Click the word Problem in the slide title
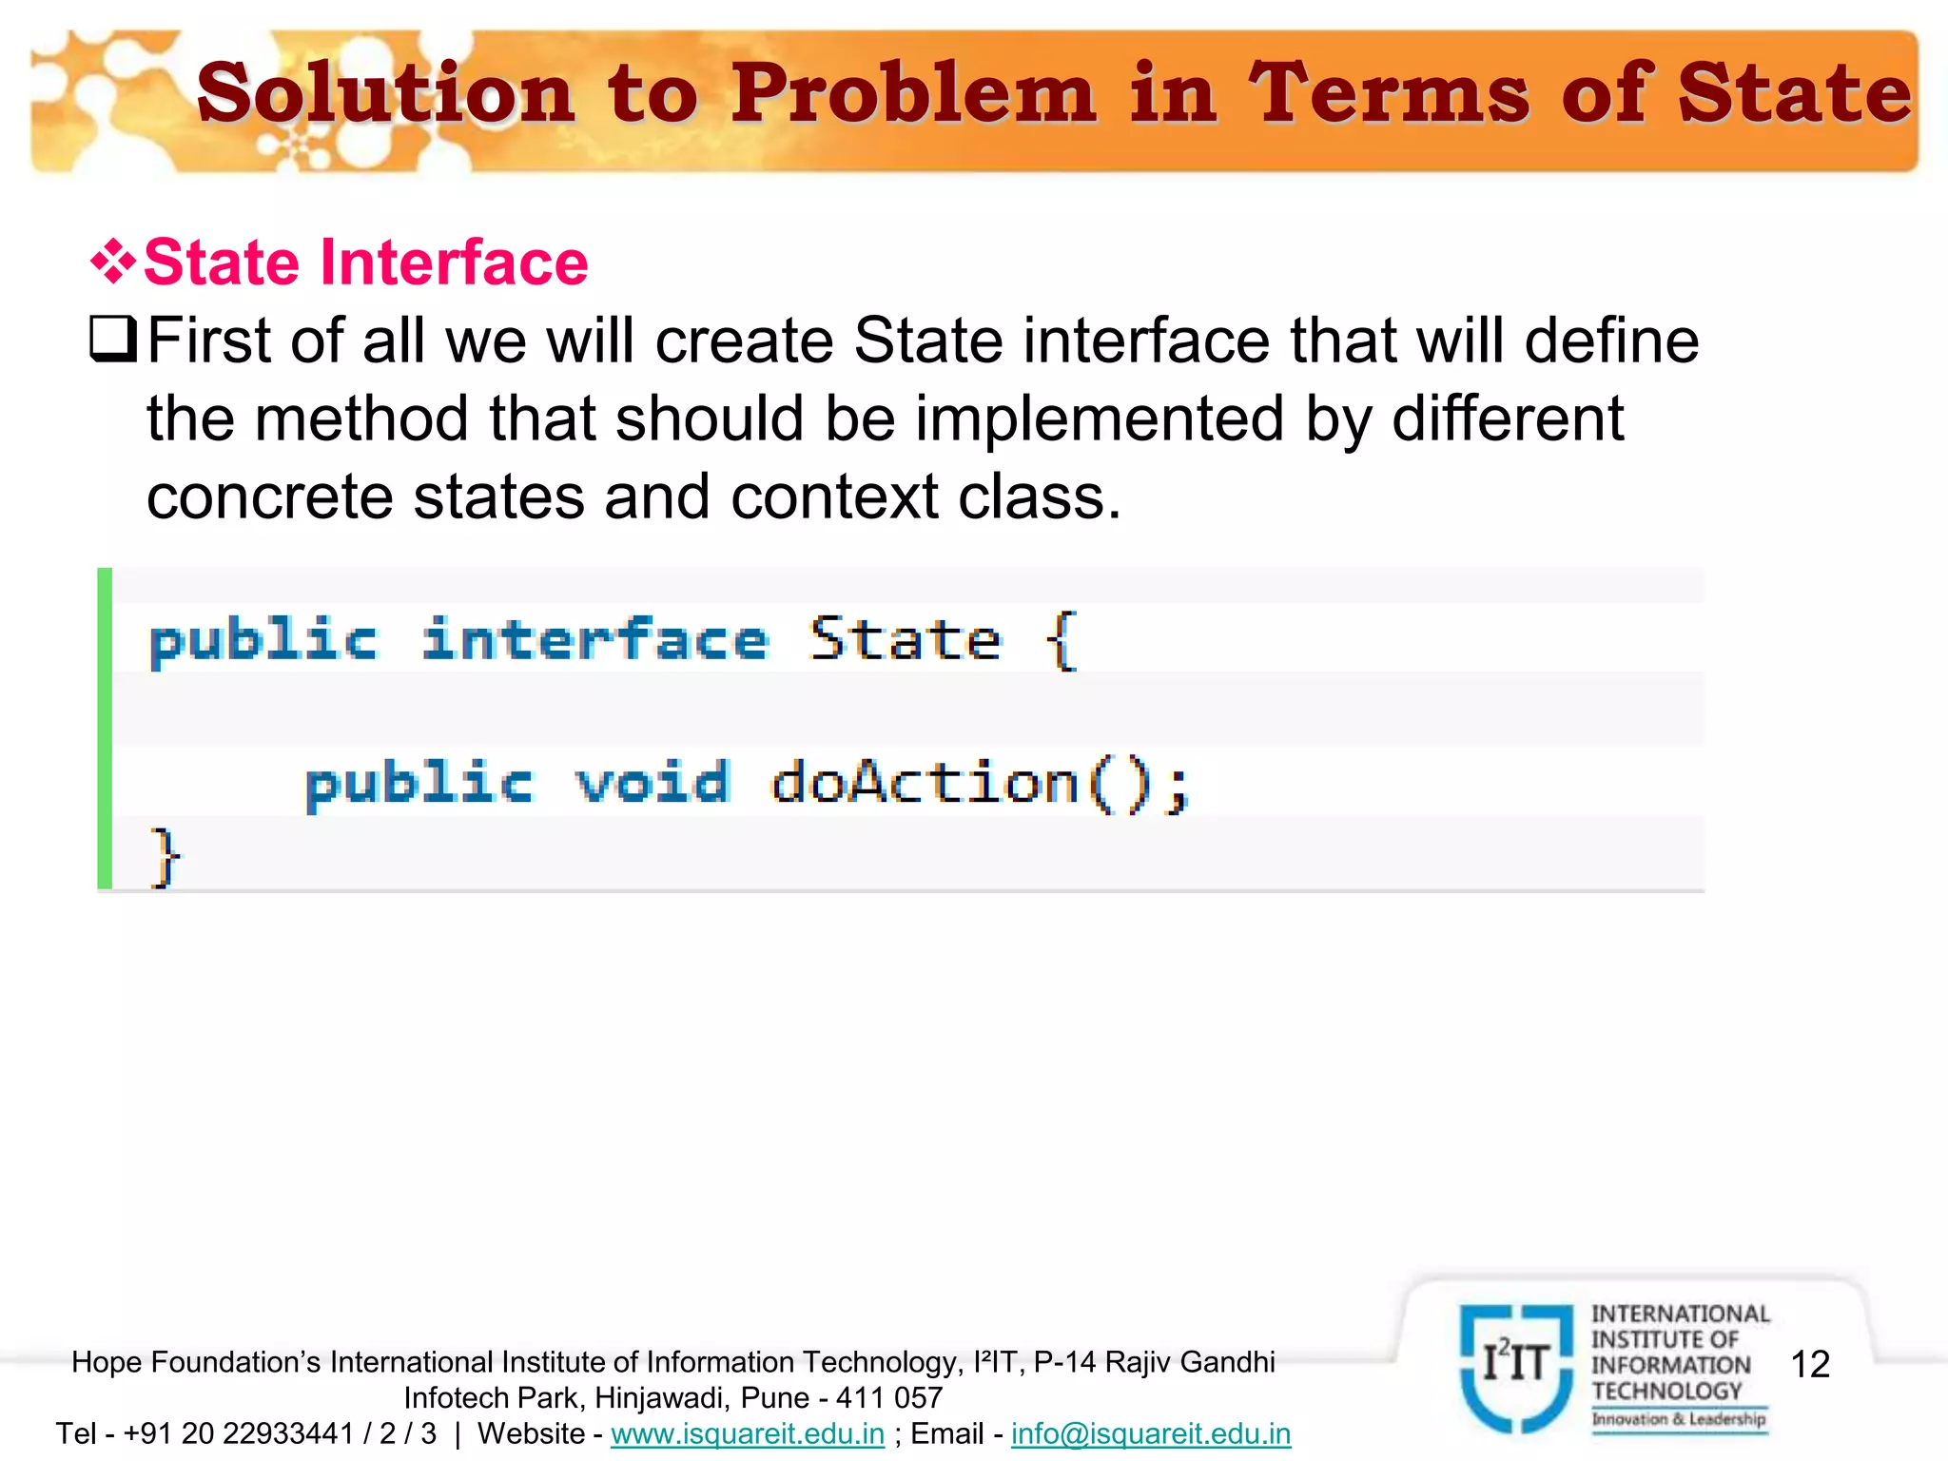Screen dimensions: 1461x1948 pyautogui.click(x=913, y=95)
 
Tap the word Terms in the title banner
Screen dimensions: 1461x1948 pyautogui.click(x=1389, y=93)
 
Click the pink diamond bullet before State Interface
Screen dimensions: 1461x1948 pyautogui.click(x=112, y=262)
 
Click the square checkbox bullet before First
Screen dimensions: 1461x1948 pyautogui.click(x=112, y=340)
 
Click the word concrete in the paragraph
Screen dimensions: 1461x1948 pyautogui.click(x=269, y=497)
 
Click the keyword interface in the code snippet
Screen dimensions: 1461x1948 pyautogui.click(x=595, y=640)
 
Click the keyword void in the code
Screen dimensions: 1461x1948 pyautogui.click(x=653, y=784)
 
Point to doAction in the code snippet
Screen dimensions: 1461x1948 pyautogui.click(x=925, y=784)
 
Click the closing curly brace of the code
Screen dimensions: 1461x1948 pyautogui.click(x=165, y=857)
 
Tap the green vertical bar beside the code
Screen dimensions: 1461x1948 pyautogui.click(x=105, y=729)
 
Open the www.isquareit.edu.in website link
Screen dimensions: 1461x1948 pyautogui.click(x=748, y=1433)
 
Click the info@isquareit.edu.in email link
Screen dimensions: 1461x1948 pyautogui.click(x=1151, y=1433)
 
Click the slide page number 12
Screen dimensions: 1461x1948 pyautogui.click(x=1810, y=1364)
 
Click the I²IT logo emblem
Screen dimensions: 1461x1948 pyautogui.click(x=1516, y=1366)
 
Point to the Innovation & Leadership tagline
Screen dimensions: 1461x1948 pyautogui.click(x=1679, y=1419)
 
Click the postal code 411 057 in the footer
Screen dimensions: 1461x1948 pyautogui.click(x=889, y=1398)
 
